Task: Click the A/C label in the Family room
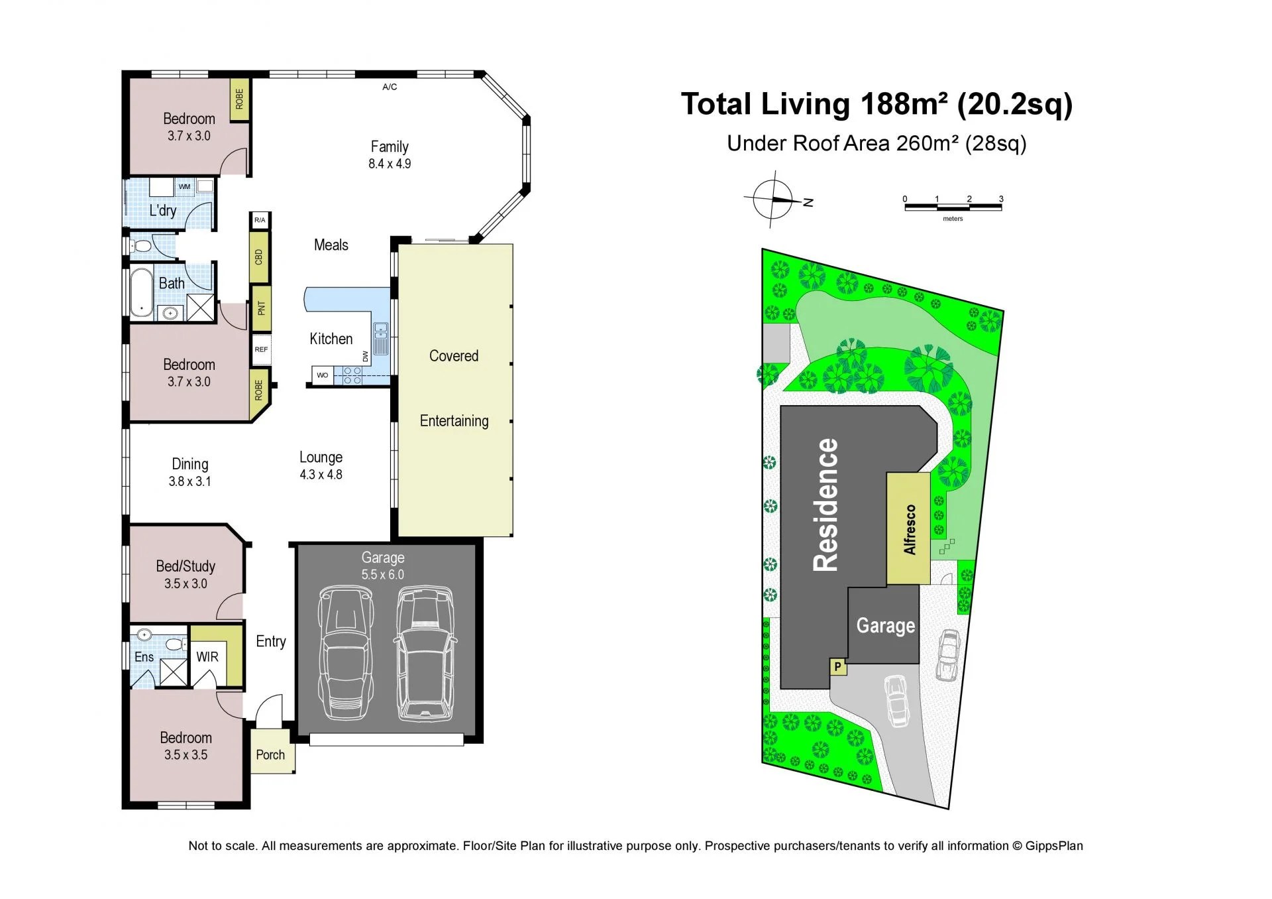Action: (390, 87)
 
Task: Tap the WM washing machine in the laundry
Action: (185, 186)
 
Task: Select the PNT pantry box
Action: (261, 308)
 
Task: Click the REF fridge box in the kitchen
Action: (261, 349)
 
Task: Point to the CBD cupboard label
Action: (259, 257)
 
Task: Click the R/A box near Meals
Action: (260, 220)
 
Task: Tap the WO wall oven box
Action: (322, 375)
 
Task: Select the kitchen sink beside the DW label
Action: (380, 339)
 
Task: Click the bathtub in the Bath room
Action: (140, 292)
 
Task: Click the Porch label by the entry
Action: (270, 754)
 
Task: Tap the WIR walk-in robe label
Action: (207, 657)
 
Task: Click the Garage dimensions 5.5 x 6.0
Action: (382, 575)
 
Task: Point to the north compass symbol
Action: (774, 199)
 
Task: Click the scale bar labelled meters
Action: (953, 208)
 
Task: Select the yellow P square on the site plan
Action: (837, 667)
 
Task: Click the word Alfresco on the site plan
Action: (910, 529)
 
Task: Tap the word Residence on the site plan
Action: (826, 505)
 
